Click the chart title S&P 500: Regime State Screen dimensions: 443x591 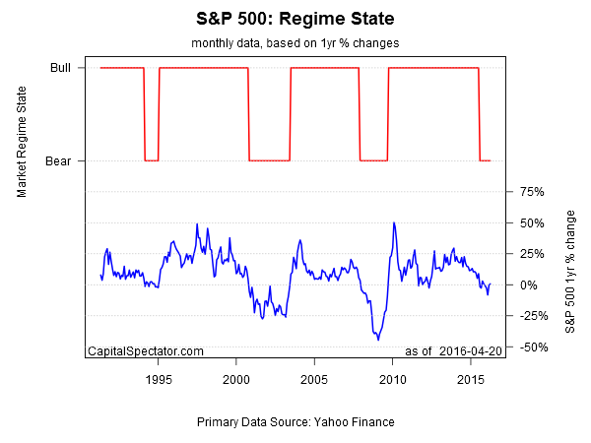tap(295, 19)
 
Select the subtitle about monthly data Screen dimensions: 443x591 tap(295, 43)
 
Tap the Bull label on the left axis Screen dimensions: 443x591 tap(60, 68)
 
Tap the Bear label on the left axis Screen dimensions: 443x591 tap(58, 160)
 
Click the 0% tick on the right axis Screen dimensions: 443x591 tap(529, 285)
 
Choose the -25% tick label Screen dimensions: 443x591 tap(531, 316)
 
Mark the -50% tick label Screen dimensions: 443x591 tap(531, 347)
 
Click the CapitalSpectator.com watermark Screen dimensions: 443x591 tap(146, 350)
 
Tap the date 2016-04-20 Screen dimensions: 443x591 tap(472, 350)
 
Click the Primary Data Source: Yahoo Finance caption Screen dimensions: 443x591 tap(295, 422)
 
